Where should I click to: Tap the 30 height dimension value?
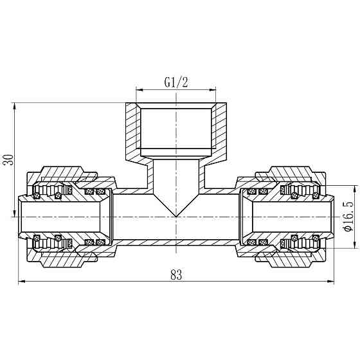8,160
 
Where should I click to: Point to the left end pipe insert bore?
61,217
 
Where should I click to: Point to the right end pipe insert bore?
292,217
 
